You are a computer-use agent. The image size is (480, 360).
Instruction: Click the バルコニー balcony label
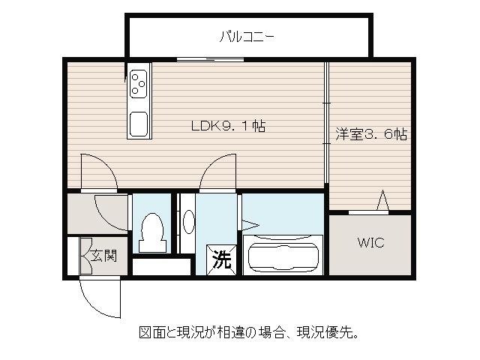click(x=247, y=37)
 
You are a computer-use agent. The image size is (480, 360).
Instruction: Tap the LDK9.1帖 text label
click(x=228, y=126)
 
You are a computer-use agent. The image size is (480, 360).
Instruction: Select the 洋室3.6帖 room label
click(x=371, y=133)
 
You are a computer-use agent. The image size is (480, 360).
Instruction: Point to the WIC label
click(x=370, y=242)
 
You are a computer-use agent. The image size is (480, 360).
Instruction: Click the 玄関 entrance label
click(x=104, y=256)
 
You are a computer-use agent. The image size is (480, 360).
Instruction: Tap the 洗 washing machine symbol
click(x=221, y=260)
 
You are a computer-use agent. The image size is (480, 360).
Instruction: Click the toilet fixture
click(x=152, y=232)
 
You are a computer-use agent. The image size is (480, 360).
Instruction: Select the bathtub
click(x=283, y=255)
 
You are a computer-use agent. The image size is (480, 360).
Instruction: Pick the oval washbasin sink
click(x=188, y=222)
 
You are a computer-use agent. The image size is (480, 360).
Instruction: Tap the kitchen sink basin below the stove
click(x=138, y=124)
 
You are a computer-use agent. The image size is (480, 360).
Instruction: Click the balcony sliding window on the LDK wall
click(x=210, y=59)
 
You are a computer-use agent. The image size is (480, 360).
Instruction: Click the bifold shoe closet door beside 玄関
click(x=85, y=256)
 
